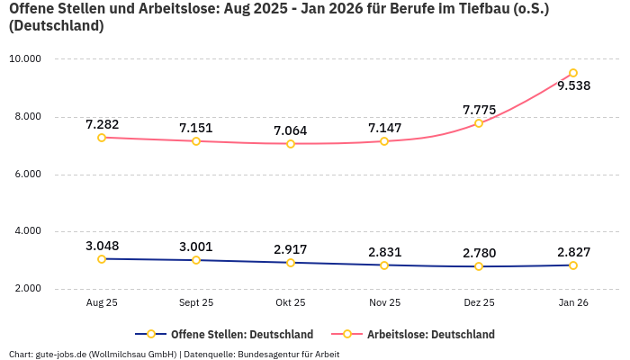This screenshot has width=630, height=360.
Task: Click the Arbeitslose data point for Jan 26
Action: [573, 73]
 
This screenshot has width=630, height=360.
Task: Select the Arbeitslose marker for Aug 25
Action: [102, 138]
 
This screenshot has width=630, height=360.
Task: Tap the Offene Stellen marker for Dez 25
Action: [479, 266]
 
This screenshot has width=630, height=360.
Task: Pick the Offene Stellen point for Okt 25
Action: [291, 263]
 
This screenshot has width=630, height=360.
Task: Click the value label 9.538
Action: [573, 86]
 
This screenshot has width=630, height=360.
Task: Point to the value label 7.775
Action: [479, 110]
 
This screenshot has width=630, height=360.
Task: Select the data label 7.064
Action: [291, 130]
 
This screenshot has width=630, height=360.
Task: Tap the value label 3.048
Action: [102, 246]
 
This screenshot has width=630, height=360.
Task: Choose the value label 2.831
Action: [384, 252]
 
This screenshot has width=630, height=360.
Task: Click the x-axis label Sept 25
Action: [196, 303]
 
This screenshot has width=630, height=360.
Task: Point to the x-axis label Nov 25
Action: [384, 303]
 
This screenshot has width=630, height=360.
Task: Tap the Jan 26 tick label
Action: [573, 303]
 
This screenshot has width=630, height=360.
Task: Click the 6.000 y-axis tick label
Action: [27, 175]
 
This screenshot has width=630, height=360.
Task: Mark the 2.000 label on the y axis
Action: [27, 289]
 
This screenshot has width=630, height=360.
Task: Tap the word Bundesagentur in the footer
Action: [269, 354]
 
